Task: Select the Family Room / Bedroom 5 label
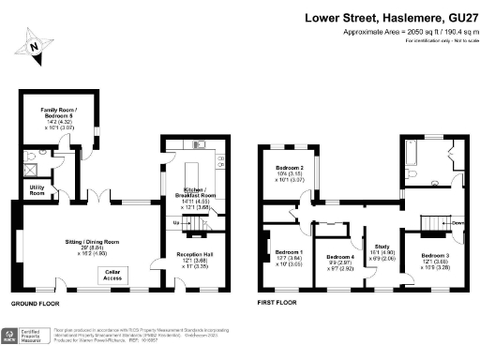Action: coord(57,115)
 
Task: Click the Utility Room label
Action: coord(37,191)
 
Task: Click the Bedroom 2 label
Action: coord(288,171)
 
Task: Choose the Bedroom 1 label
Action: coord(289,258)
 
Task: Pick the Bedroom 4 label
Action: coord(340,262)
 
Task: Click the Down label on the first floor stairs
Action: coord(457,223)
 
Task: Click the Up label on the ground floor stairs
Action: coord(177,222)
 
